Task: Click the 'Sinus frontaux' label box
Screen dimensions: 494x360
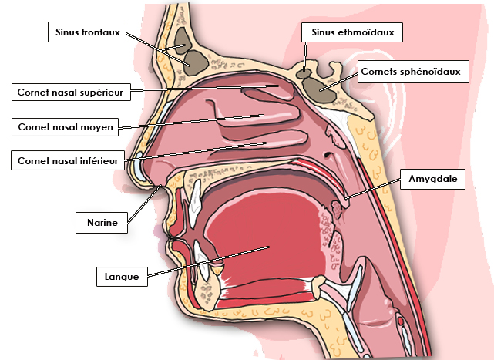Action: pos(87,32)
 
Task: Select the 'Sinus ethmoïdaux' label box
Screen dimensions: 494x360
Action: pos(352,32)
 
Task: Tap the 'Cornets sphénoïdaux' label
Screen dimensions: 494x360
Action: pos(413,72)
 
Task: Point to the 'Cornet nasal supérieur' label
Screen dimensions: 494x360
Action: pos(71,92)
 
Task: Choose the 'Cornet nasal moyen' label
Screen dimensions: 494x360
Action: pos(66,127)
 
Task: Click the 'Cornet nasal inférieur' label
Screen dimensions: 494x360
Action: pos(68,161)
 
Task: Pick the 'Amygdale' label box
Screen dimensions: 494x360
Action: pos(432,179)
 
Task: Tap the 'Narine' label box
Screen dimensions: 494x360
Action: pos(102,223)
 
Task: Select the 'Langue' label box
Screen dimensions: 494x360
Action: pos(122,277)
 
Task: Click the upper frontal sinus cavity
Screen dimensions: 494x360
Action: pos(182,40)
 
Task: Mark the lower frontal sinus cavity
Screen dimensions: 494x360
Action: pos(195,63)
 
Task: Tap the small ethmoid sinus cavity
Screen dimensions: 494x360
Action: pos(304,75)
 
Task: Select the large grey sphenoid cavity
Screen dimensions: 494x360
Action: pos(320,90)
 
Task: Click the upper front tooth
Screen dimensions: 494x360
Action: pos(195,203)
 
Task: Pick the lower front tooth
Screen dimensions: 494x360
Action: pos(201,260)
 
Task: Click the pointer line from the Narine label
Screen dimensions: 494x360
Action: pos(144,204)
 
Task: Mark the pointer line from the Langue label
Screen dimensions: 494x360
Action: pos(208,261)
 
